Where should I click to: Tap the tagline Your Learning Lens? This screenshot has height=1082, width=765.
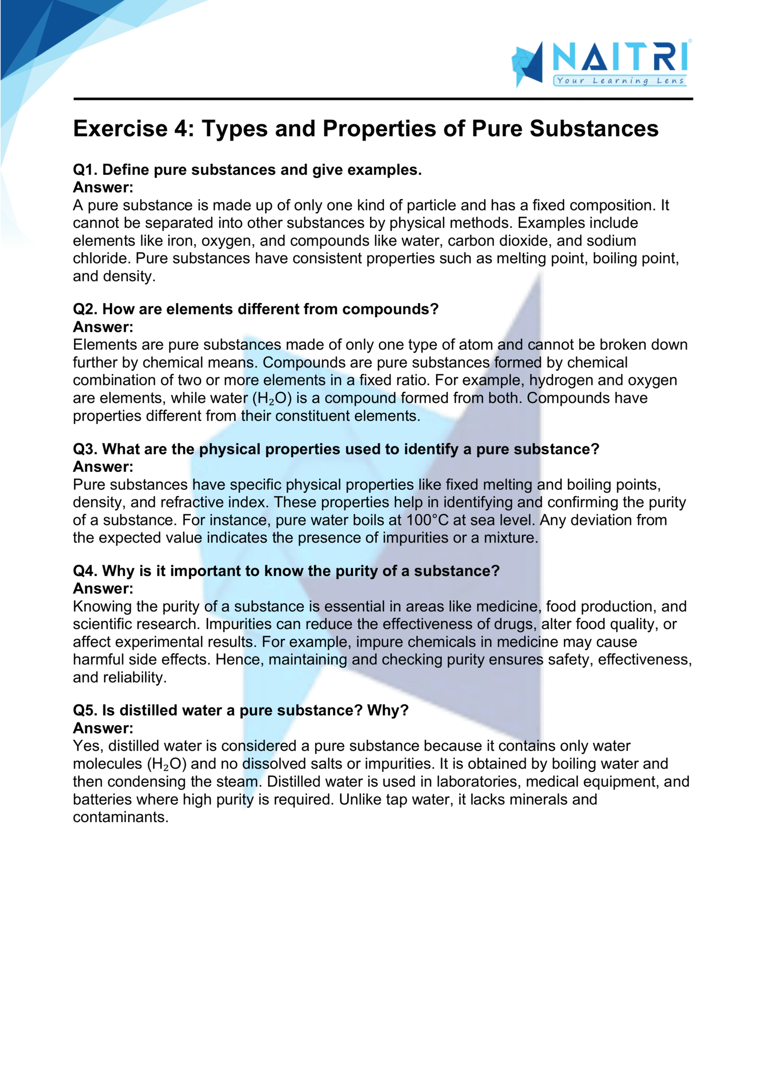point(620,81)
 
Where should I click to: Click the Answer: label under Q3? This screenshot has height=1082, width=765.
point(103,467)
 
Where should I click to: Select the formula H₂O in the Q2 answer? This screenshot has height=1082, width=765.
point(272,399)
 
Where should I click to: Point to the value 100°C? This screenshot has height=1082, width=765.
point(427,520)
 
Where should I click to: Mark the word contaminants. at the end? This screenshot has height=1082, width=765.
point(120,817)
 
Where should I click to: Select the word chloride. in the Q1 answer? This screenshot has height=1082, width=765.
point(102,259)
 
